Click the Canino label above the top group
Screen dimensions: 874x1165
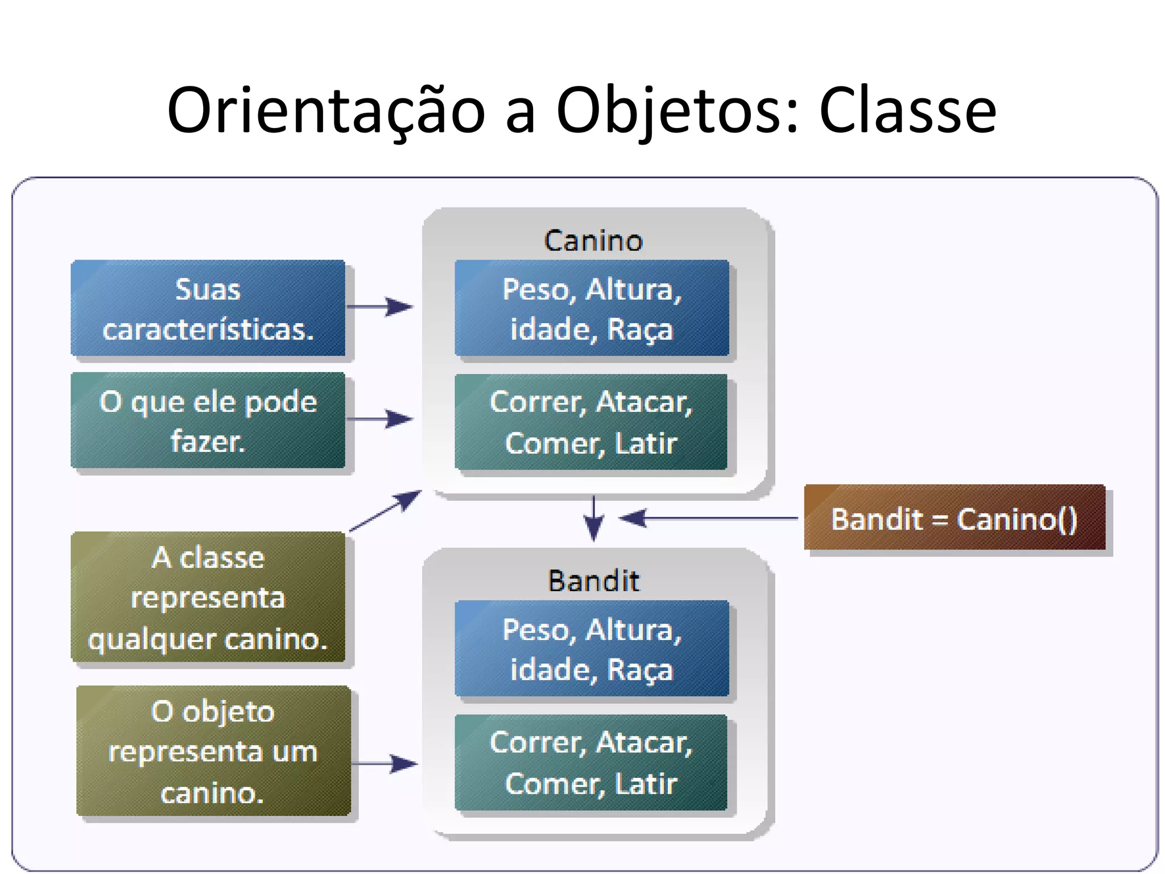pyautogui.click(x=593, y=241)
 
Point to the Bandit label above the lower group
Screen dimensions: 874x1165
pyautogui.click(x=593, y=581)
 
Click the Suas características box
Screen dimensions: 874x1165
pyautogui.click(x=208, y=308)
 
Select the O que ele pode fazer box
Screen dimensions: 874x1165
pyautogui.click(x=208, y=420)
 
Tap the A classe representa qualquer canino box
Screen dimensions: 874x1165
pyautogui.click(x=208, y=597)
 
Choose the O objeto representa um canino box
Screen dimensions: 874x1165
pyautogui.click(x=213, y=751)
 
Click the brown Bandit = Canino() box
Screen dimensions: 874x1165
pyautogui.click(x=955, y=518)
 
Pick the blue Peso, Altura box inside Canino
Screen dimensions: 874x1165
pyautogui.click(x=592, y=308)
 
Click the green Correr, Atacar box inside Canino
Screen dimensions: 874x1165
pyautogui.click(x=591, y=422)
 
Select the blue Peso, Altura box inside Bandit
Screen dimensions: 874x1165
pyautogui.click(x=592, y=649)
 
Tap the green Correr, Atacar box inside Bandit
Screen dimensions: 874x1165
pyautogui.click(x=591, y=762)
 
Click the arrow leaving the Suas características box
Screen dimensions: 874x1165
pyautogui.click(x=380, y=307)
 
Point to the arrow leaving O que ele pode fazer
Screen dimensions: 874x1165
pyautogui.click(x=380, y=419)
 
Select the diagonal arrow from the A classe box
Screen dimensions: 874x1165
pyautogui.click(x=386, y=510)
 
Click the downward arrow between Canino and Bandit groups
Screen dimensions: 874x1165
pyautogui.click(x=594, y=518)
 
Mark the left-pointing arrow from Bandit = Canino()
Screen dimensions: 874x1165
pyautogui.click(x=708, y=518)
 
